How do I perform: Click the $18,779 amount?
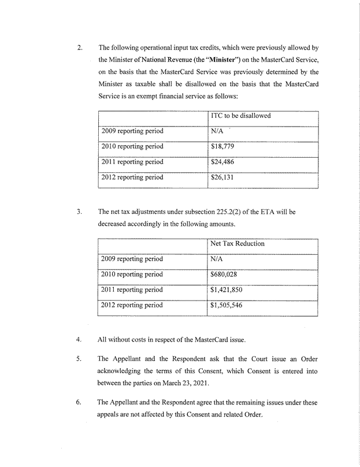coord(222,146)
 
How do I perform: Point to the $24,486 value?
coord(222,162)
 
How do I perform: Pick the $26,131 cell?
coord(222,177)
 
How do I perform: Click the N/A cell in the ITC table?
coord(218,131)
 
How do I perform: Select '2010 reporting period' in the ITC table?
coord(132,146)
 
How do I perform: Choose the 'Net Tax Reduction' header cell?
coord(238,243)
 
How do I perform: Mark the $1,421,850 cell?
coord(228,290)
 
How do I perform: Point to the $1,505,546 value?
coord(228,305)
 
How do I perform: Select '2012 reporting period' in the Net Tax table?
coord(132,305)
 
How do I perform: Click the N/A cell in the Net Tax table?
coord(218,259)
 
